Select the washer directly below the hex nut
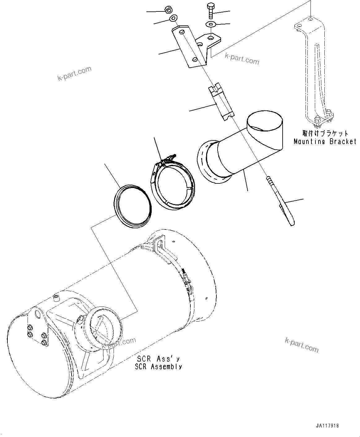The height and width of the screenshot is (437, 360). [173, 18]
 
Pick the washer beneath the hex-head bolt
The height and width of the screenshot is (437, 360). [211, 24]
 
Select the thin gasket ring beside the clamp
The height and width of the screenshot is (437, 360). [133, 206]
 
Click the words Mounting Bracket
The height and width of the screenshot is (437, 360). [325, 142]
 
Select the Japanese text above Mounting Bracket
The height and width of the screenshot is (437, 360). [325, 134]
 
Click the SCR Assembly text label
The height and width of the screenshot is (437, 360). [158, 366]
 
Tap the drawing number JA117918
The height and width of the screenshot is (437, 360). [327, 426]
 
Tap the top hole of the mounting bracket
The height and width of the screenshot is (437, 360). [310, 19]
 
